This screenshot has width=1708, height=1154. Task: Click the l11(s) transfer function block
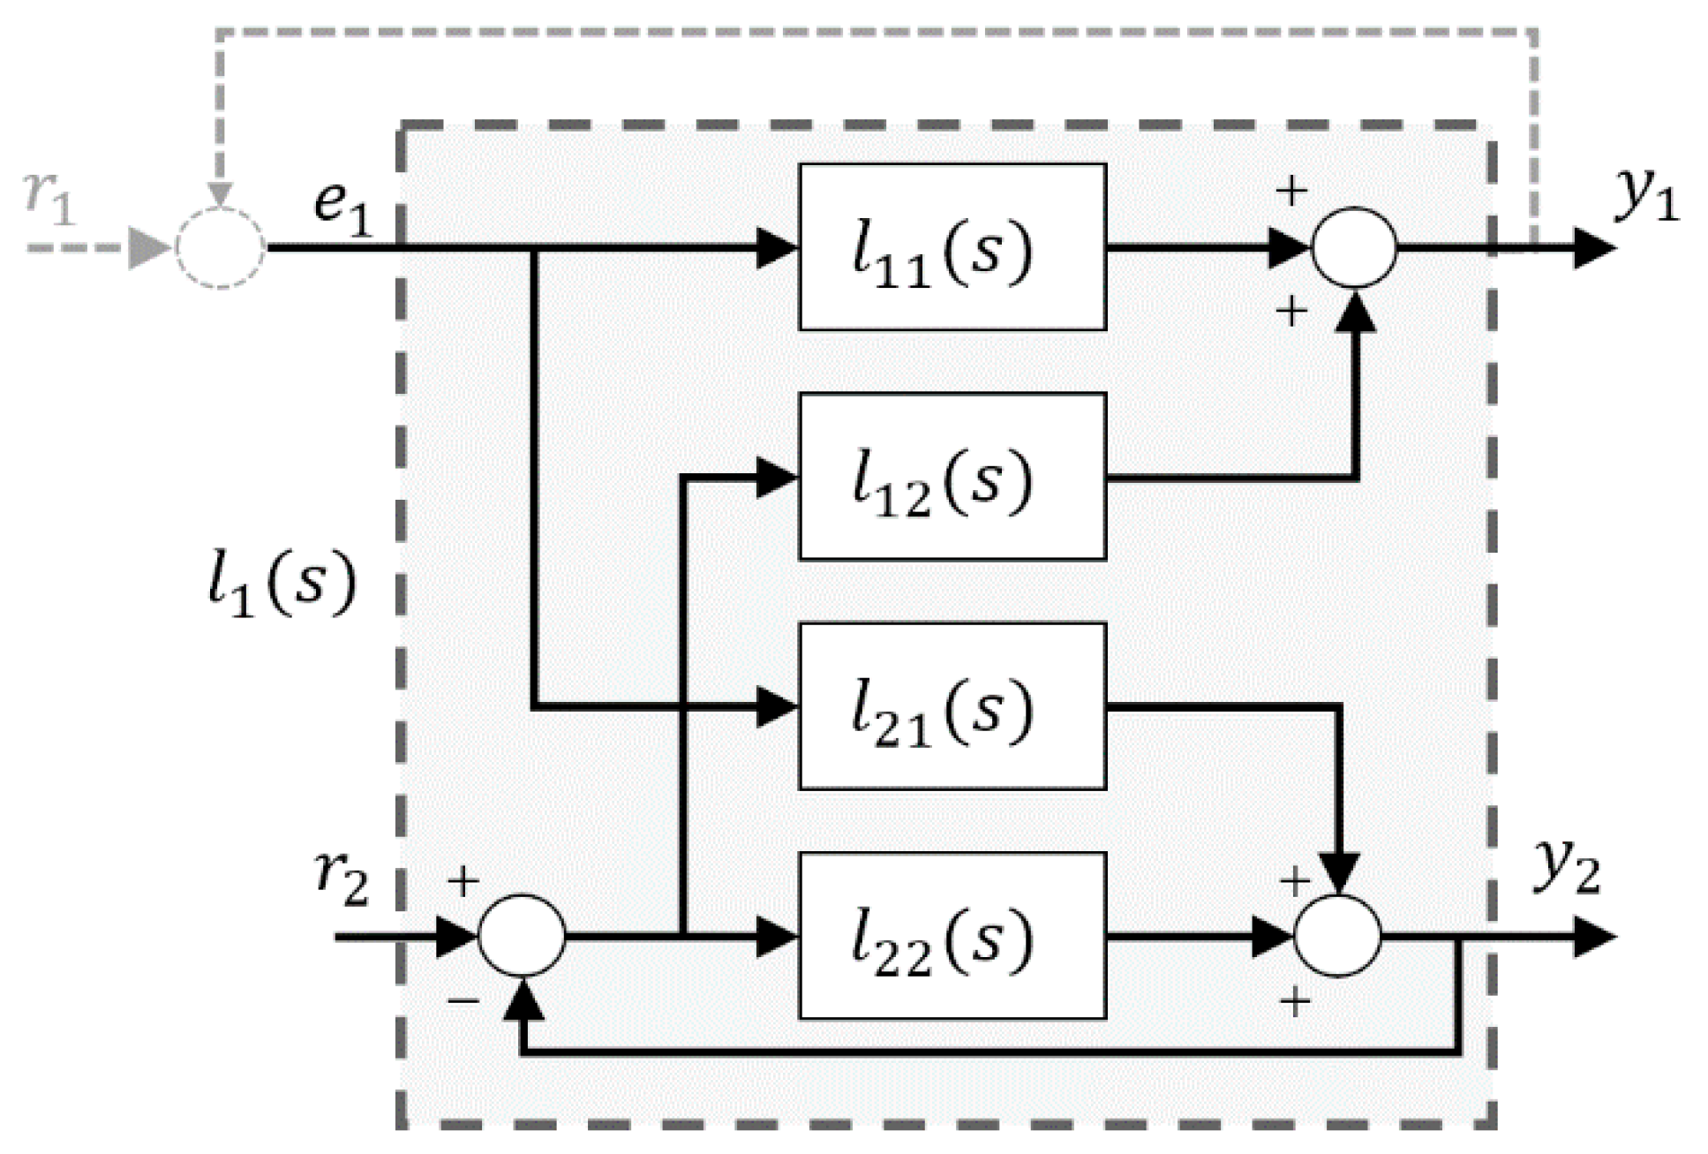tap(952, 247)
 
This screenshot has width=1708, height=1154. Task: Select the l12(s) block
tap(952, 477)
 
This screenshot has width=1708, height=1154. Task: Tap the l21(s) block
tap(952, 706)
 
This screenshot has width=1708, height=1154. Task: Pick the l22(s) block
tap(952, 936)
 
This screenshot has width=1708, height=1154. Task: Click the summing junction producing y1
tap(1353, 247)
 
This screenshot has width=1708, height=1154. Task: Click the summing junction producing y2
tap(1336, 936)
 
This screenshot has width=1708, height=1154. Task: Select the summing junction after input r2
tap(522, 936)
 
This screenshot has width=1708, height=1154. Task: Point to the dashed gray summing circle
tap(220, 247)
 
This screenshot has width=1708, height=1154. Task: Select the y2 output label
tap(1566, 867)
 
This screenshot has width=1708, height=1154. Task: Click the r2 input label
tap(342, 879)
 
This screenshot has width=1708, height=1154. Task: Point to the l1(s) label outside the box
tap(281, 585)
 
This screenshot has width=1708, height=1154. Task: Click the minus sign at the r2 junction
tap(463, 1001)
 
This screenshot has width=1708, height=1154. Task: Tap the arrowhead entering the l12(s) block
tap(777, 478)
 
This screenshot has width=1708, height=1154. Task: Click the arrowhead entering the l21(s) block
tap(777, 707)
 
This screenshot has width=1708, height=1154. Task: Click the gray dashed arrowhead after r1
tap(149, 248)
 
